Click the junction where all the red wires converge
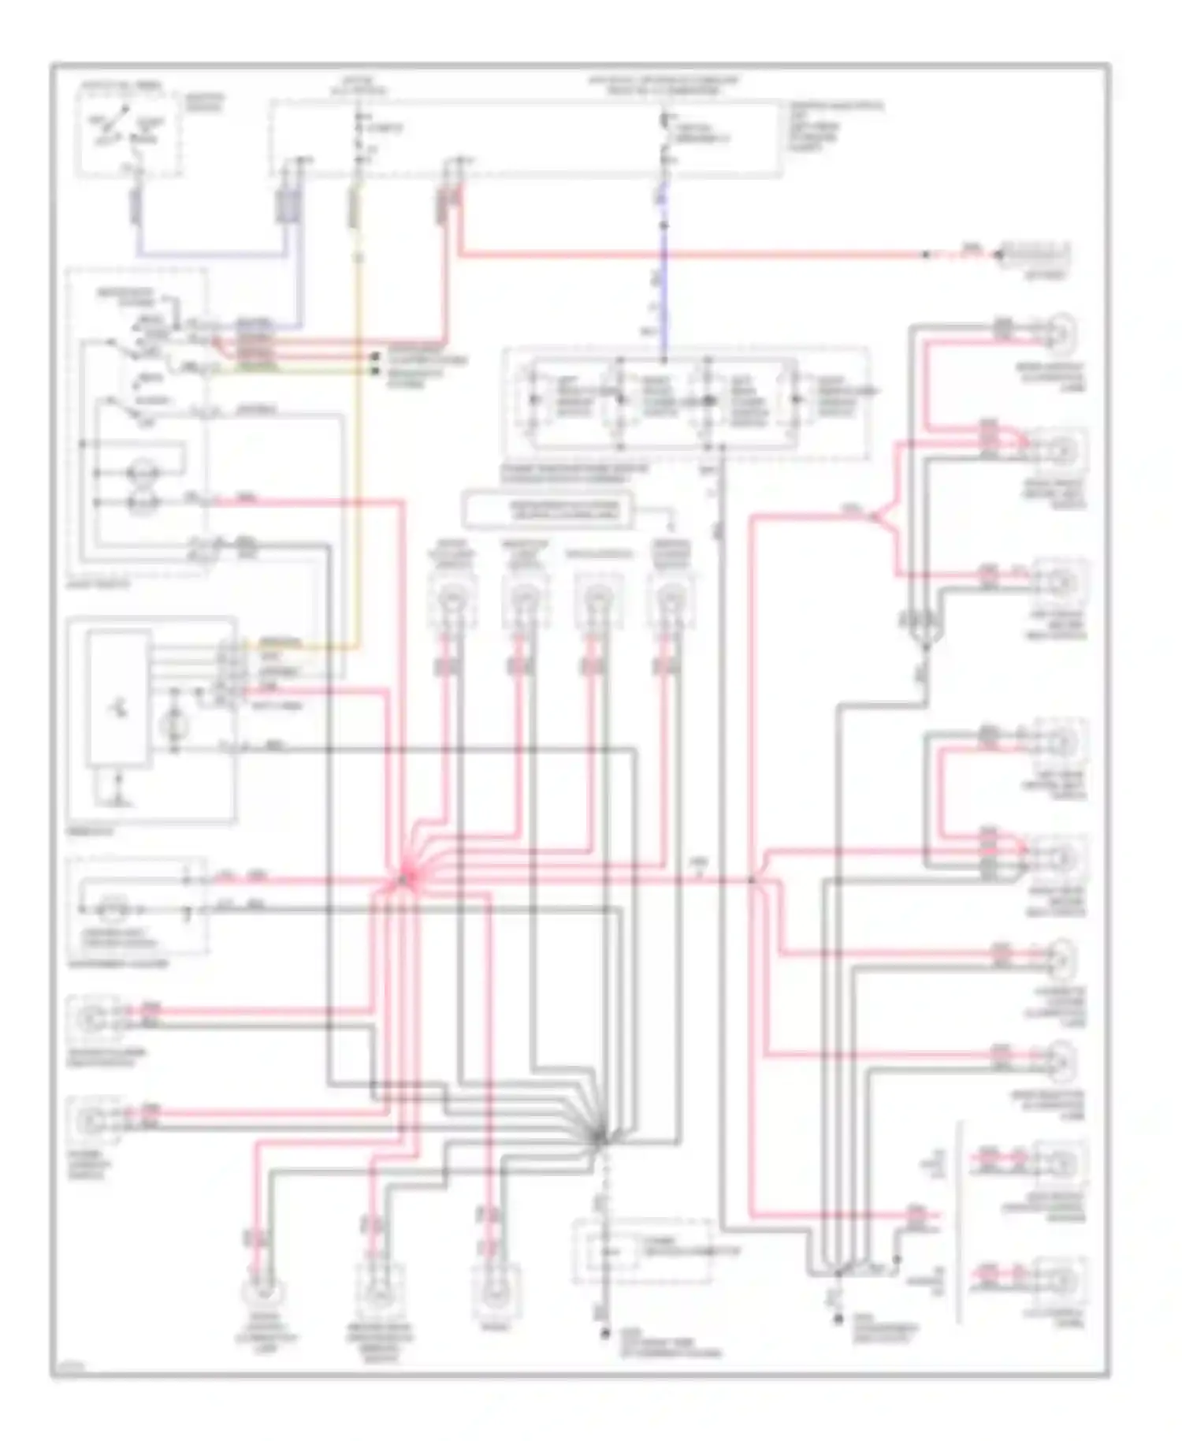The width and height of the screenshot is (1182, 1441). [x=403, y=877]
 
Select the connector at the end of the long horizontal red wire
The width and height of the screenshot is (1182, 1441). [x=1032, y=255]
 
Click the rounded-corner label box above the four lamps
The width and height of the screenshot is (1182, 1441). [x=549, y=510]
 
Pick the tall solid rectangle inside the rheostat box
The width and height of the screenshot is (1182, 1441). [x=120, y=697]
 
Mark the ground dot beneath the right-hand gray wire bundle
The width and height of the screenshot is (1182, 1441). [x=837, y=1318]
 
